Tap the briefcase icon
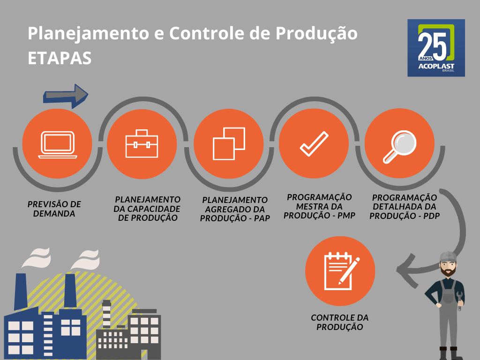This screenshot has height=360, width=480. point(142,143)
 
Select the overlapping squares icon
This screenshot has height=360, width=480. point(229,143)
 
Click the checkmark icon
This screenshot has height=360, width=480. point(314,143)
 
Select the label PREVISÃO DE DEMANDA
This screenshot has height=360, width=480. point(54,209)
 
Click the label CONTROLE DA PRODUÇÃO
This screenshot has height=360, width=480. point(340,322)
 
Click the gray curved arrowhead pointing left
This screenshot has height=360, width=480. point(405,270)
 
